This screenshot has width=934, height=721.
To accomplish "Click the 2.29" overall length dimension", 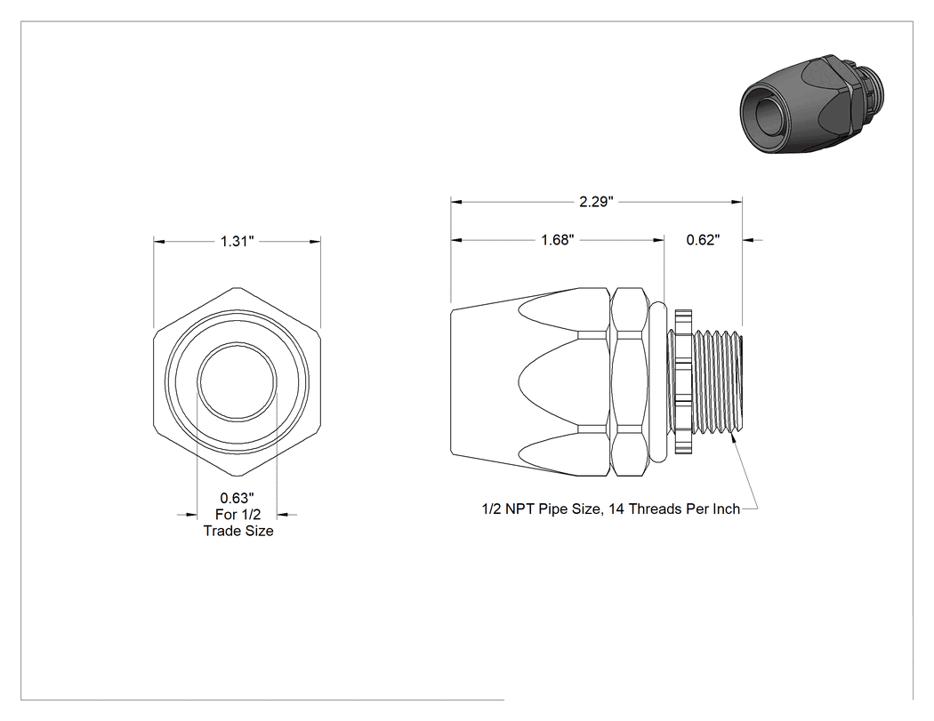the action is tap(596, 202).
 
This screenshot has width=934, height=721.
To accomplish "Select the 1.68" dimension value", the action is tap(558, 240).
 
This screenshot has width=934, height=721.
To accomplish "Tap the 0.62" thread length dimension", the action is tap(703, 240).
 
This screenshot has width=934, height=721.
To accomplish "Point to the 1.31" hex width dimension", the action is tap(238, 241).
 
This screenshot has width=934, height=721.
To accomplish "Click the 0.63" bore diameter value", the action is tap(238, 498).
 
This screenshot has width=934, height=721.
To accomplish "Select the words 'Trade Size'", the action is tap(238, 531).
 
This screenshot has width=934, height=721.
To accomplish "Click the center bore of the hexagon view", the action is tap(238, 381).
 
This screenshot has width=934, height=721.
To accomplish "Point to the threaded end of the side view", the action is tap(718, 381).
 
